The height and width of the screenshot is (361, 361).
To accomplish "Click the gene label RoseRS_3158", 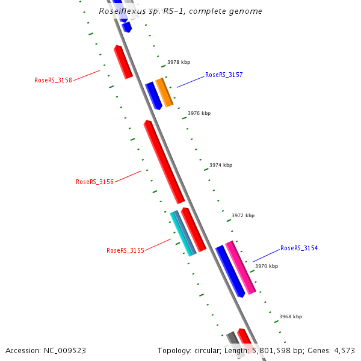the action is coord(53,80).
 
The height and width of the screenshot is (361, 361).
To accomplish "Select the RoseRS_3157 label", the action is coord(224,75).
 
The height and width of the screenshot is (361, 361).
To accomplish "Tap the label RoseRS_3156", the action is coord(94,182).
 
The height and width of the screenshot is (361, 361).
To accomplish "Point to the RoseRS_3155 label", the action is coord(125,250).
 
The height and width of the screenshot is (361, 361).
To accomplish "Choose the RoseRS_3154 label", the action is coord(299,248).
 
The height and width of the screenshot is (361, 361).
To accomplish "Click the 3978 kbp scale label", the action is coord(179,62).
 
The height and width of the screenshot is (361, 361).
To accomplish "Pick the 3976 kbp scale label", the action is coord(199,113).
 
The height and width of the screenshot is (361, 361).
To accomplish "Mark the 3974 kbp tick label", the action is coord(221,165).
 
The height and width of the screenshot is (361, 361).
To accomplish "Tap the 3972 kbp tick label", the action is coord(243,215).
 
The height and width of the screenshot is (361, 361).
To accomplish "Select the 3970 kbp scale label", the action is coord(267,266).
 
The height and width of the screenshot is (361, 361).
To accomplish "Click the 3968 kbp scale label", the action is coord(291,316).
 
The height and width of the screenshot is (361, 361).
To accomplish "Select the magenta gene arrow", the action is coord(241,267).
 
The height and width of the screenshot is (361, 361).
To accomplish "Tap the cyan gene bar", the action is coord(181,234).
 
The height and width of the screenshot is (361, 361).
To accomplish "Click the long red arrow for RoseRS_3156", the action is coord(164,161).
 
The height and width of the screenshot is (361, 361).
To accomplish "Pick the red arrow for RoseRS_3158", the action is coord(123,62).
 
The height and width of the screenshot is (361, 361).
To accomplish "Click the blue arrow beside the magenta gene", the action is coord(230,271).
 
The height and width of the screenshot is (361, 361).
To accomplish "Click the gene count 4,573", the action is coord(343,350).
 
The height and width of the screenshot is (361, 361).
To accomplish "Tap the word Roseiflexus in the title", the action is coord(120,11).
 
